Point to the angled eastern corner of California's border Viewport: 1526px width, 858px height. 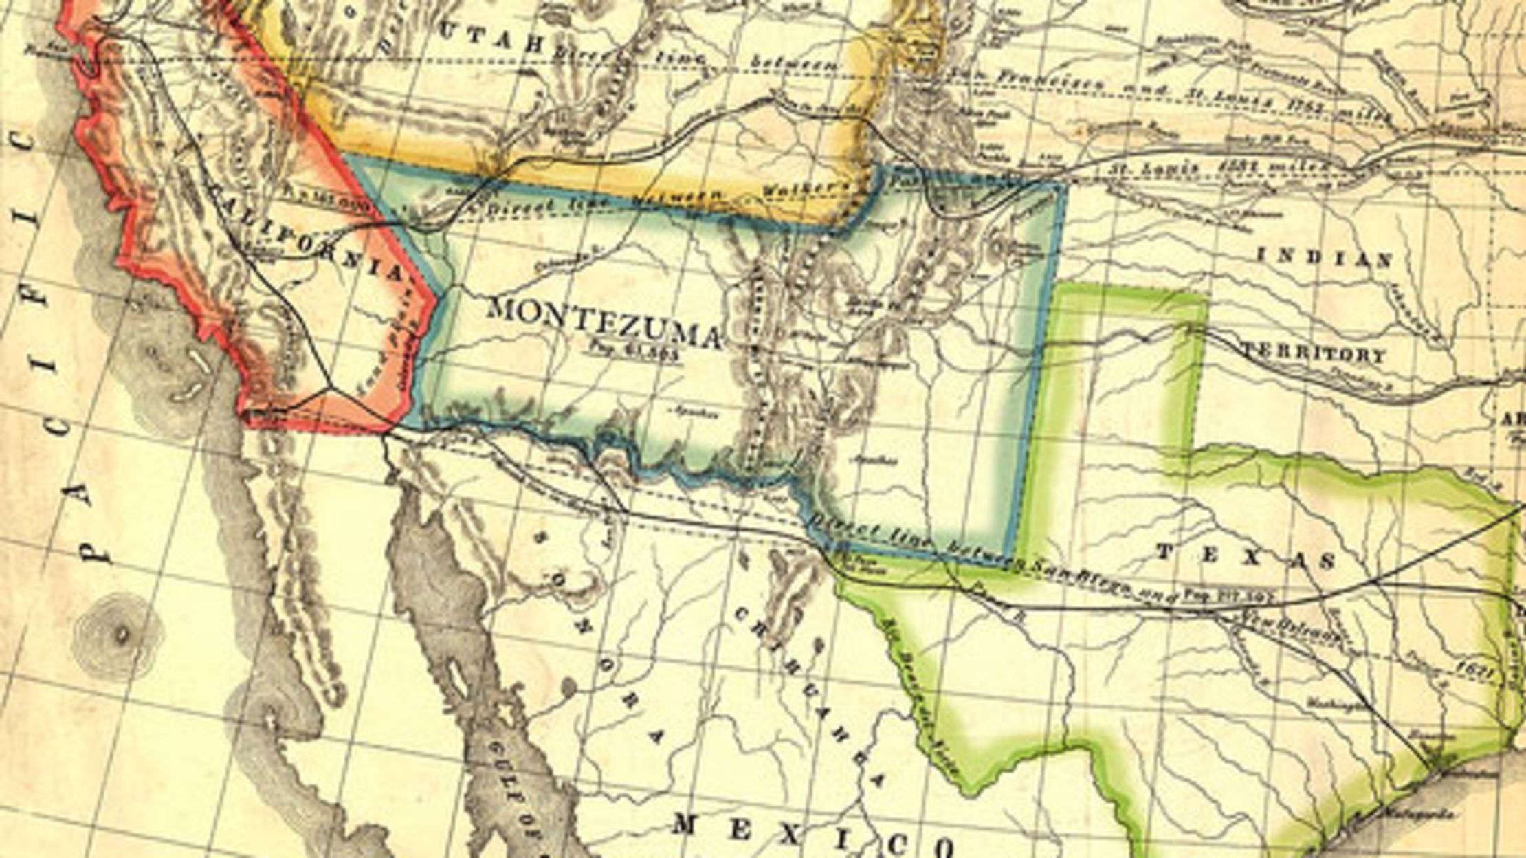coord(437,297)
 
